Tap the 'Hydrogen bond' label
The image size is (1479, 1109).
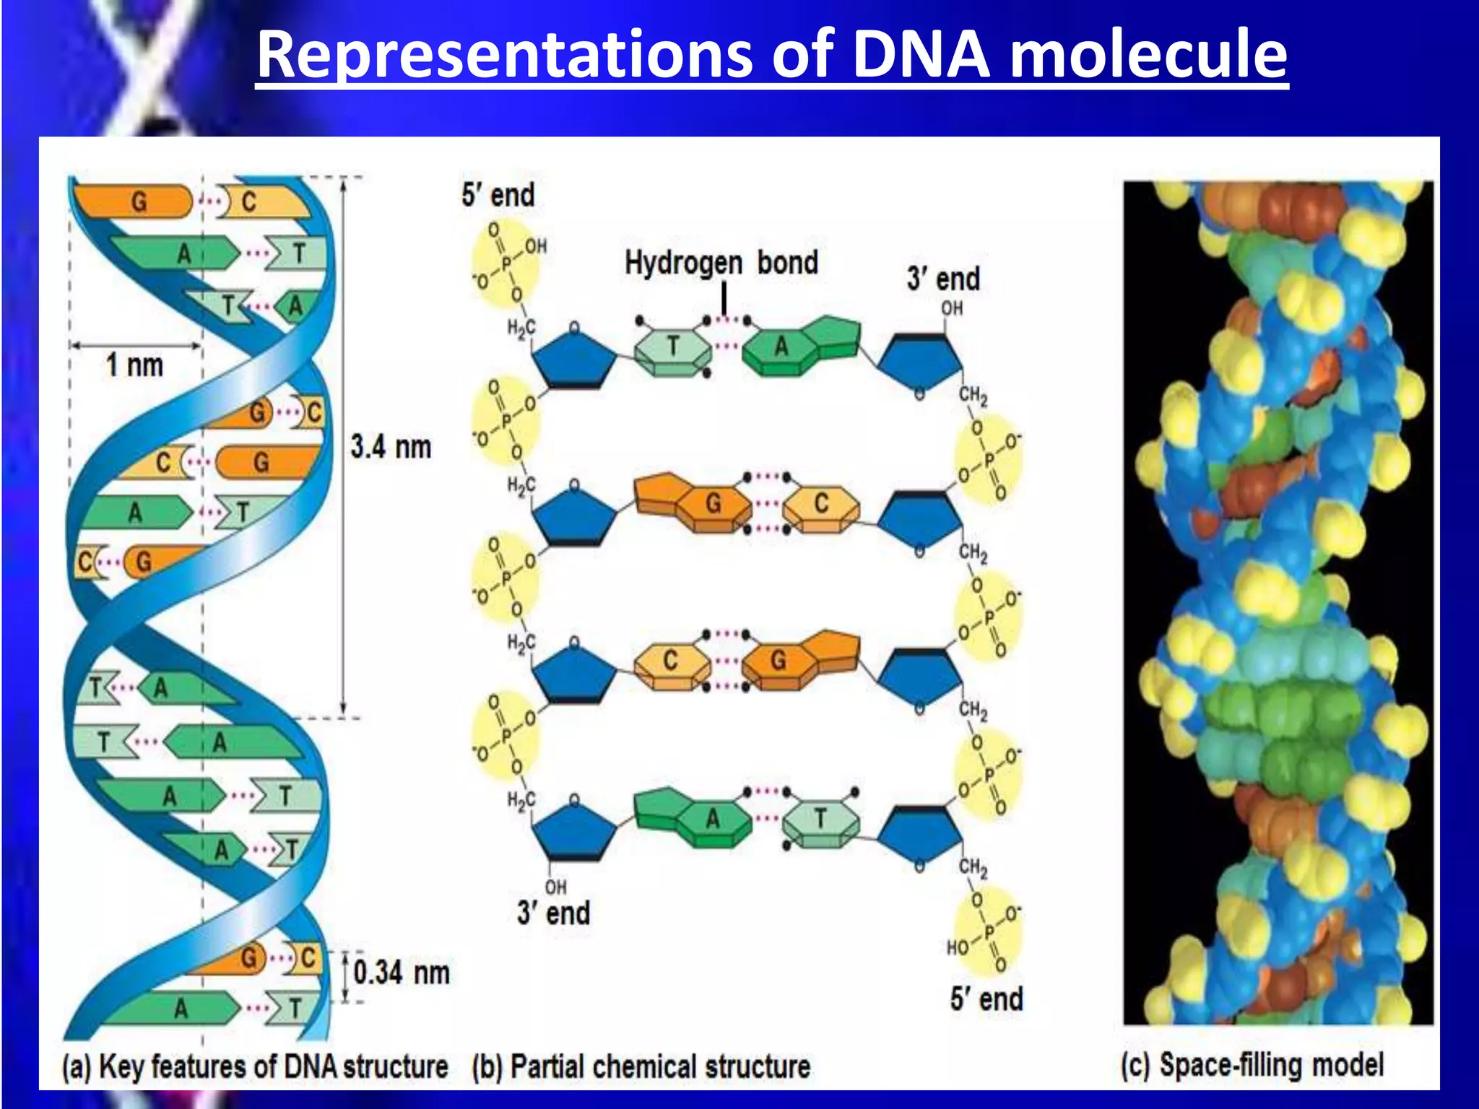[721, 263]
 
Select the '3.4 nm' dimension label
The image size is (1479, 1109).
[391, 447]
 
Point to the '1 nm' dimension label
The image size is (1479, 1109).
[134, 365]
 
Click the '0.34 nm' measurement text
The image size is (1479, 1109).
[402, 973]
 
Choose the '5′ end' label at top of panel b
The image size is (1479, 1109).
[498, 195]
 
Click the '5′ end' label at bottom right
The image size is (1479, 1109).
[986, 999]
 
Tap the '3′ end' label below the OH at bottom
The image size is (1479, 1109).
[553, 913]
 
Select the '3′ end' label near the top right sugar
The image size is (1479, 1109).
[943, 279]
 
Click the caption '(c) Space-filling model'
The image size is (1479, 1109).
[1252, 1065]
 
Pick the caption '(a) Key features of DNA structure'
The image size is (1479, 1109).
[255, 1067]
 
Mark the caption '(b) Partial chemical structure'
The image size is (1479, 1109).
[641, 1067]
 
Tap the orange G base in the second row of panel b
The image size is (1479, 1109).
[712, 503]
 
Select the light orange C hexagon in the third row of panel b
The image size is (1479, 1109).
[670, 661]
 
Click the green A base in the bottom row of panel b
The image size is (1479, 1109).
[712, 819]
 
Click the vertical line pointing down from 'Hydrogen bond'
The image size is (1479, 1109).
[724, 298]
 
